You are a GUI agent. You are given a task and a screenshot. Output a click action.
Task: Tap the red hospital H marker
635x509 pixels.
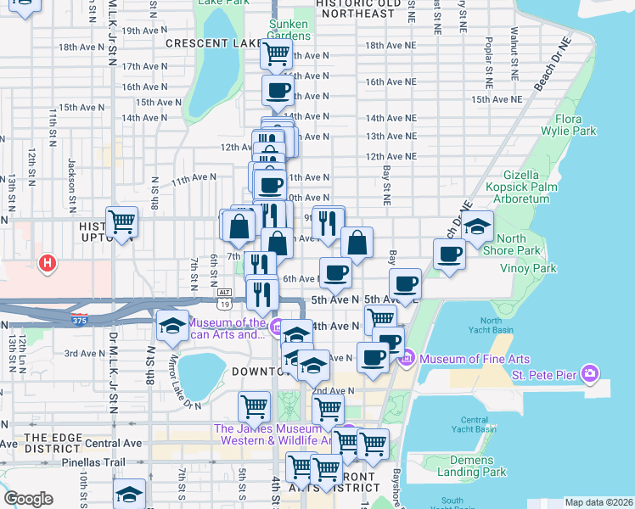coord(48,264)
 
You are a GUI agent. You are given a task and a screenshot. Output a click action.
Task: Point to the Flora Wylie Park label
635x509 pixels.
coord(576,125)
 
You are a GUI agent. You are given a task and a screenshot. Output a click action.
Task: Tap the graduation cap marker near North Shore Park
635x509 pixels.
coord(478,226)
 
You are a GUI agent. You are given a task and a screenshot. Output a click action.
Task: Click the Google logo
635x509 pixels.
coord(29,499)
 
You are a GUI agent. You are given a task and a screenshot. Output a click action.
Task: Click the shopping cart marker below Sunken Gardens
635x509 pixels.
coord(277,54)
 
